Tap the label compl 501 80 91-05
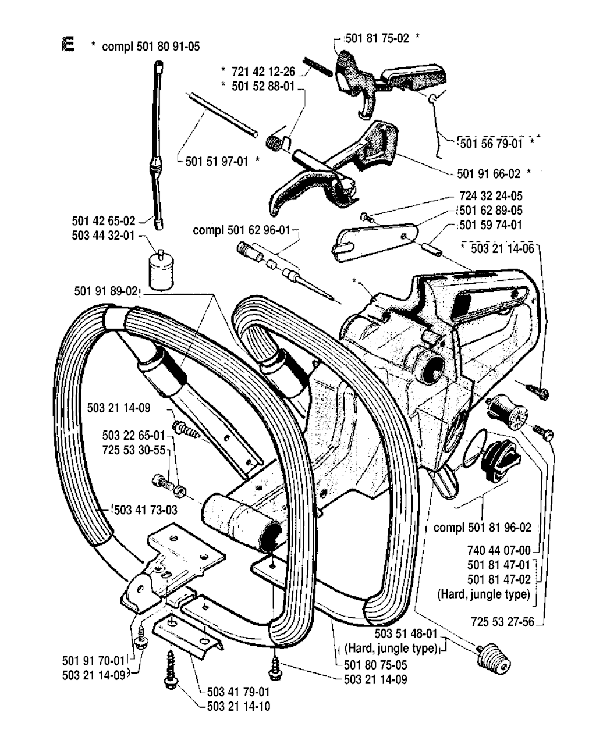[151, 47]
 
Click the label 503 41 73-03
[146, 510]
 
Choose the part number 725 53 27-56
[502, 622]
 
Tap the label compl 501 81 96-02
[483, 528]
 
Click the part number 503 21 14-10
[238, 707]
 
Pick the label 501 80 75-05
[376, 665]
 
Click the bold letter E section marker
[68, 45]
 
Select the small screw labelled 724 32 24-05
[364, 217]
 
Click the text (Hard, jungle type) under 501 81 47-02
[484, 594]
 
